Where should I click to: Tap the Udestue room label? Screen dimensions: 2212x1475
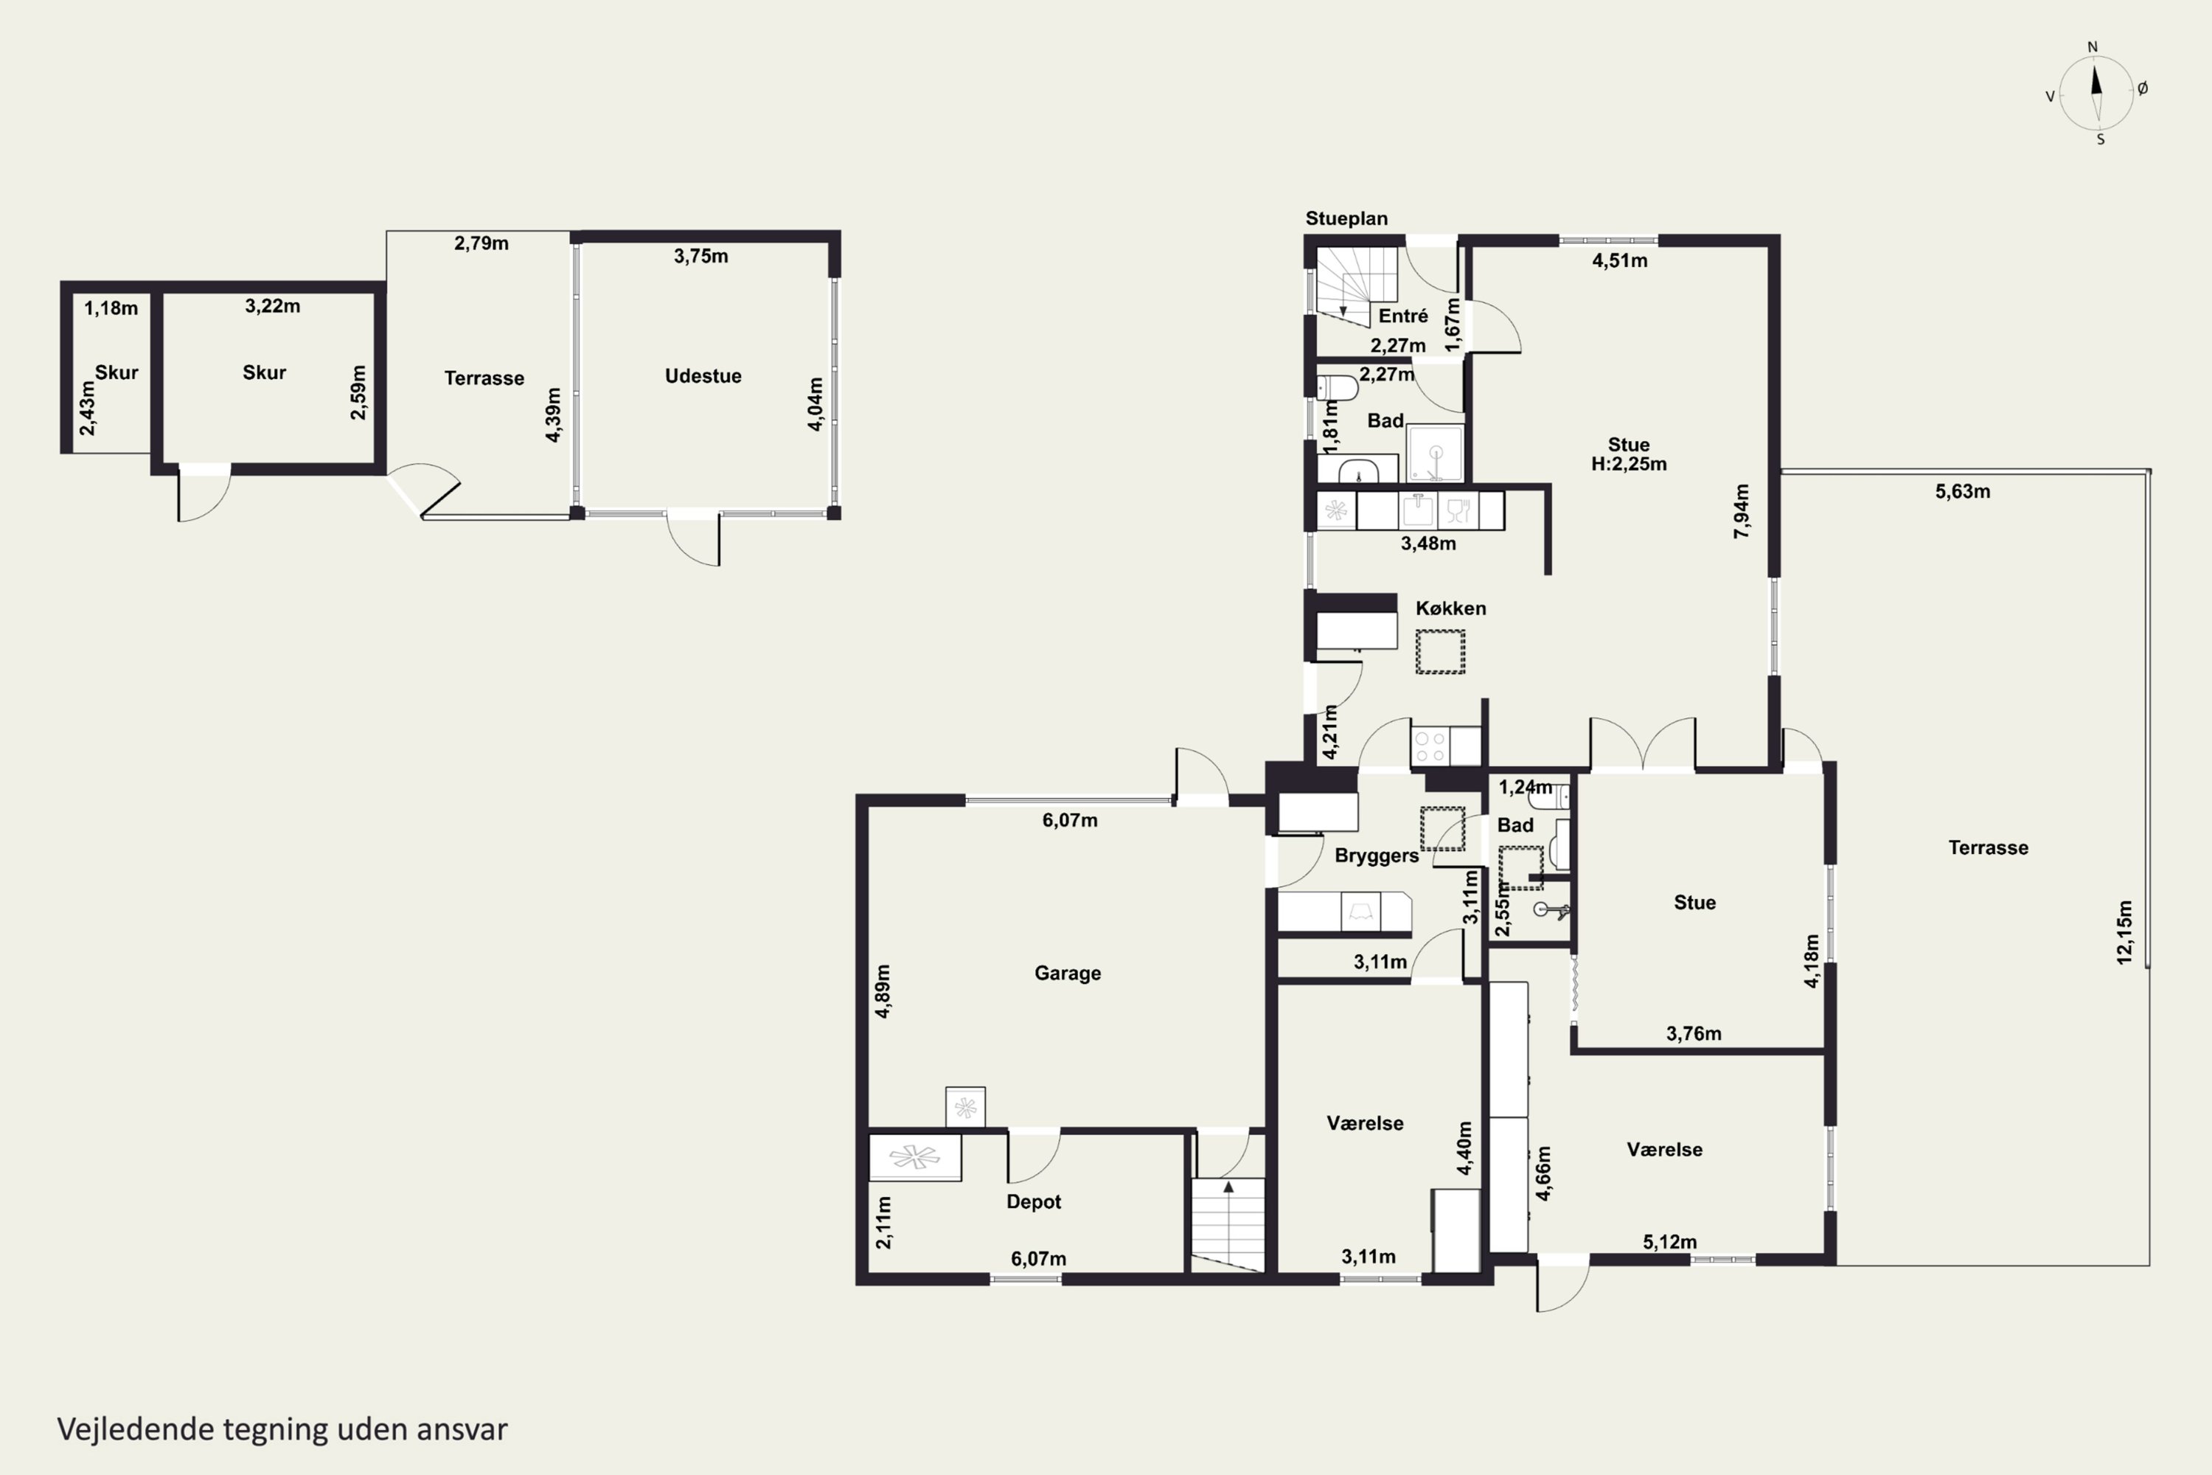(703, 376)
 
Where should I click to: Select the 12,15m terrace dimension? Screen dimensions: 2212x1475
(2124, 932)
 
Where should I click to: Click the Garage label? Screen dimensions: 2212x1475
(1068, 974)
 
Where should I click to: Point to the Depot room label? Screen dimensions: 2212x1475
(1034, 1202)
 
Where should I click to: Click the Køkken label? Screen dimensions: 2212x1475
(1450, 608)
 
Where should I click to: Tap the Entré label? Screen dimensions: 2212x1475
(1403, 316)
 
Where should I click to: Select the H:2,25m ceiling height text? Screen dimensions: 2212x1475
(1629, 464)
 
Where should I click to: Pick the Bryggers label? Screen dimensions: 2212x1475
(1377, 856)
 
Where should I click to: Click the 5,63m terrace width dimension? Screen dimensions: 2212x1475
(1962, 491)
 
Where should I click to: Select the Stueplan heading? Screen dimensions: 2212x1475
(1346, 219)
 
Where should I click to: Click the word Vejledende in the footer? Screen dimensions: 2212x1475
(136, 1429)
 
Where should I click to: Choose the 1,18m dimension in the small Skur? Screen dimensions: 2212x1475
(111, 308)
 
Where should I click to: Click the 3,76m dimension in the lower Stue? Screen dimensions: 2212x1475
(1694, 1034)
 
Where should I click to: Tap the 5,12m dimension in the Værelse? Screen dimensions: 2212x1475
(1669, 1242)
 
